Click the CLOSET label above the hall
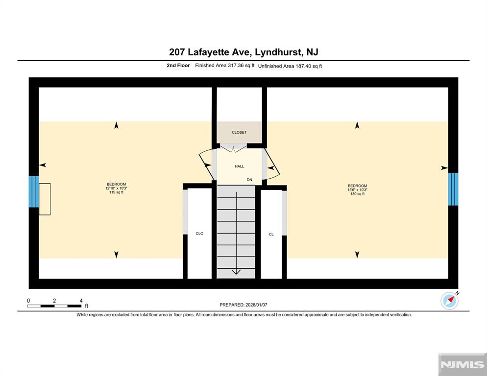pos(239,132)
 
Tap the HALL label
pos(239,166)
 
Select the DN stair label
pos(249,180)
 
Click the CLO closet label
pos(199,234)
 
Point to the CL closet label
pos(271,235)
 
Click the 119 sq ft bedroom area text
pos(117,192)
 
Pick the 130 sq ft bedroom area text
pos(358,194)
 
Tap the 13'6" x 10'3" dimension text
pos(358,189)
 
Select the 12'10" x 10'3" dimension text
pos(117,188)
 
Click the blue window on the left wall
pos(34,191)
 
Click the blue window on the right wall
pos(453,189)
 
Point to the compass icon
pos(449,301)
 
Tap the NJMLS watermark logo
pos(463,365)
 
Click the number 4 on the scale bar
pos(81,301)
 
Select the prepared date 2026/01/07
pos(256,305)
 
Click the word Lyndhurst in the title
pos(278,52)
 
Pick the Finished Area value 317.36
pos(236,66)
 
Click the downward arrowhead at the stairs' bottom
pos(236,272)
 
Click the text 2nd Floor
pos(178,66)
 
